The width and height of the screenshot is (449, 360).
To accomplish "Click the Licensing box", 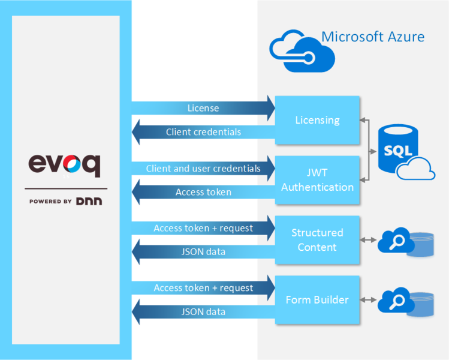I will [x=317, y=120].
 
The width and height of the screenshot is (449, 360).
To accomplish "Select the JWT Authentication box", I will [x=317, y=180].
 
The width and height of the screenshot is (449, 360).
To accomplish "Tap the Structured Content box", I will [x=317, y=240].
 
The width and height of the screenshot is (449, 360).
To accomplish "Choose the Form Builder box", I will [x=317, y=300].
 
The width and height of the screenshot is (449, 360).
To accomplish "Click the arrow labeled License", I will [x=203, y=109].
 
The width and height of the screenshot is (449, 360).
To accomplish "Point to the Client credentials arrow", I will [x=203, y=132].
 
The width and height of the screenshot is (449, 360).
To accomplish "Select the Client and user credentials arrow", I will [x=203, y=169].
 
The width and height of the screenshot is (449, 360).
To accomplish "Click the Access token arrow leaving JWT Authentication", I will [x=203, y=192].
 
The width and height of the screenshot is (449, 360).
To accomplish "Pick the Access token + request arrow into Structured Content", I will [x=203, y=228].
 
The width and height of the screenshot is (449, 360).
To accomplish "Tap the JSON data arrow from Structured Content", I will [x=203, y=252].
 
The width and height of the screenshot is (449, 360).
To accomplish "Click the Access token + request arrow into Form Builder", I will [x=203, y=288].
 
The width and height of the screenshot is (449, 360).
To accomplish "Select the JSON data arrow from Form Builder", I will [x=203, y=312].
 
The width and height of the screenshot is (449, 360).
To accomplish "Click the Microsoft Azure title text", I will [x=373, y=37].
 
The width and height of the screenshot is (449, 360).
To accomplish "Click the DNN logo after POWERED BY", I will [x=89, y=202].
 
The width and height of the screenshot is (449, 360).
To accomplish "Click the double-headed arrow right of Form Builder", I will [x=368, y=300].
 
